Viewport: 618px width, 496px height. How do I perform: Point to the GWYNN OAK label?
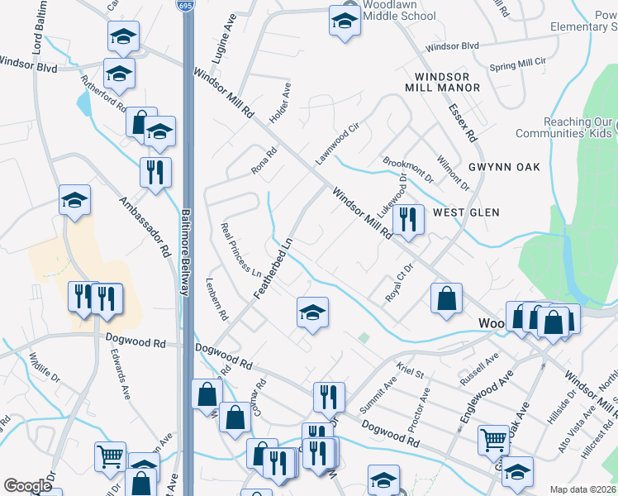[x=504, y=167]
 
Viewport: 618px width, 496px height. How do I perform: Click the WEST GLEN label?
[x=466, y=212]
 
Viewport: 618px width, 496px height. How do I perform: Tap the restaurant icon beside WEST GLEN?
[x=407, y=220]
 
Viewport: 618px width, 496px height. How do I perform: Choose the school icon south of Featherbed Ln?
[x=312, y=312]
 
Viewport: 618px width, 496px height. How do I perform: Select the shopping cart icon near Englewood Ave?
[x=493, y=441]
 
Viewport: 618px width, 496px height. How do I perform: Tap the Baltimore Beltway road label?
[x=187, y=256]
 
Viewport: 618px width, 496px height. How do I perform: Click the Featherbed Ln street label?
[x=273, y=269]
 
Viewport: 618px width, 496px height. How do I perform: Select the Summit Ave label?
[x=378, y=393]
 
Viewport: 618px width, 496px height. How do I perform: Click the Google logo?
[x=27, y=485]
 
